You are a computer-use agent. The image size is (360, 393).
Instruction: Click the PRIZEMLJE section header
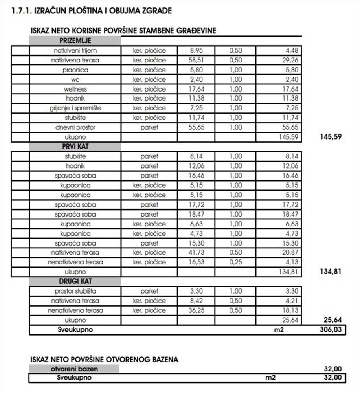75,41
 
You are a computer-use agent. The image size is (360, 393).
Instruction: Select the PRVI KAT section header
75,147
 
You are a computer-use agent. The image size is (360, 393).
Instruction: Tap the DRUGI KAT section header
75,282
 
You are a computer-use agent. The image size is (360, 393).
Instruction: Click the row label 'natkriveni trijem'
75,51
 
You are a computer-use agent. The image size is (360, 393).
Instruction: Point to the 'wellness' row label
75,89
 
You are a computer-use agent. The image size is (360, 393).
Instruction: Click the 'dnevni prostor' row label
75,127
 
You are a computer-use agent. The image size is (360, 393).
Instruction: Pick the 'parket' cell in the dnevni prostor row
149,127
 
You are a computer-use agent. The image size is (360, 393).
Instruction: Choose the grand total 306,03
331,330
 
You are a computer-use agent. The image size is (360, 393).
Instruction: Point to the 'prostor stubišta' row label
75,291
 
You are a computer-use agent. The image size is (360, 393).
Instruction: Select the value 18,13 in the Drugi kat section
290,310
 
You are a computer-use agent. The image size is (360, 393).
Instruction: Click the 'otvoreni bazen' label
74,369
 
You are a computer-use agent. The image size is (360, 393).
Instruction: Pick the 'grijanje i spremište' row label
75,108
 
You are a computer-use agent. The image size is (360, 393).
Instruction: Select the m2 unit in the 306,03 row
279,330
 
